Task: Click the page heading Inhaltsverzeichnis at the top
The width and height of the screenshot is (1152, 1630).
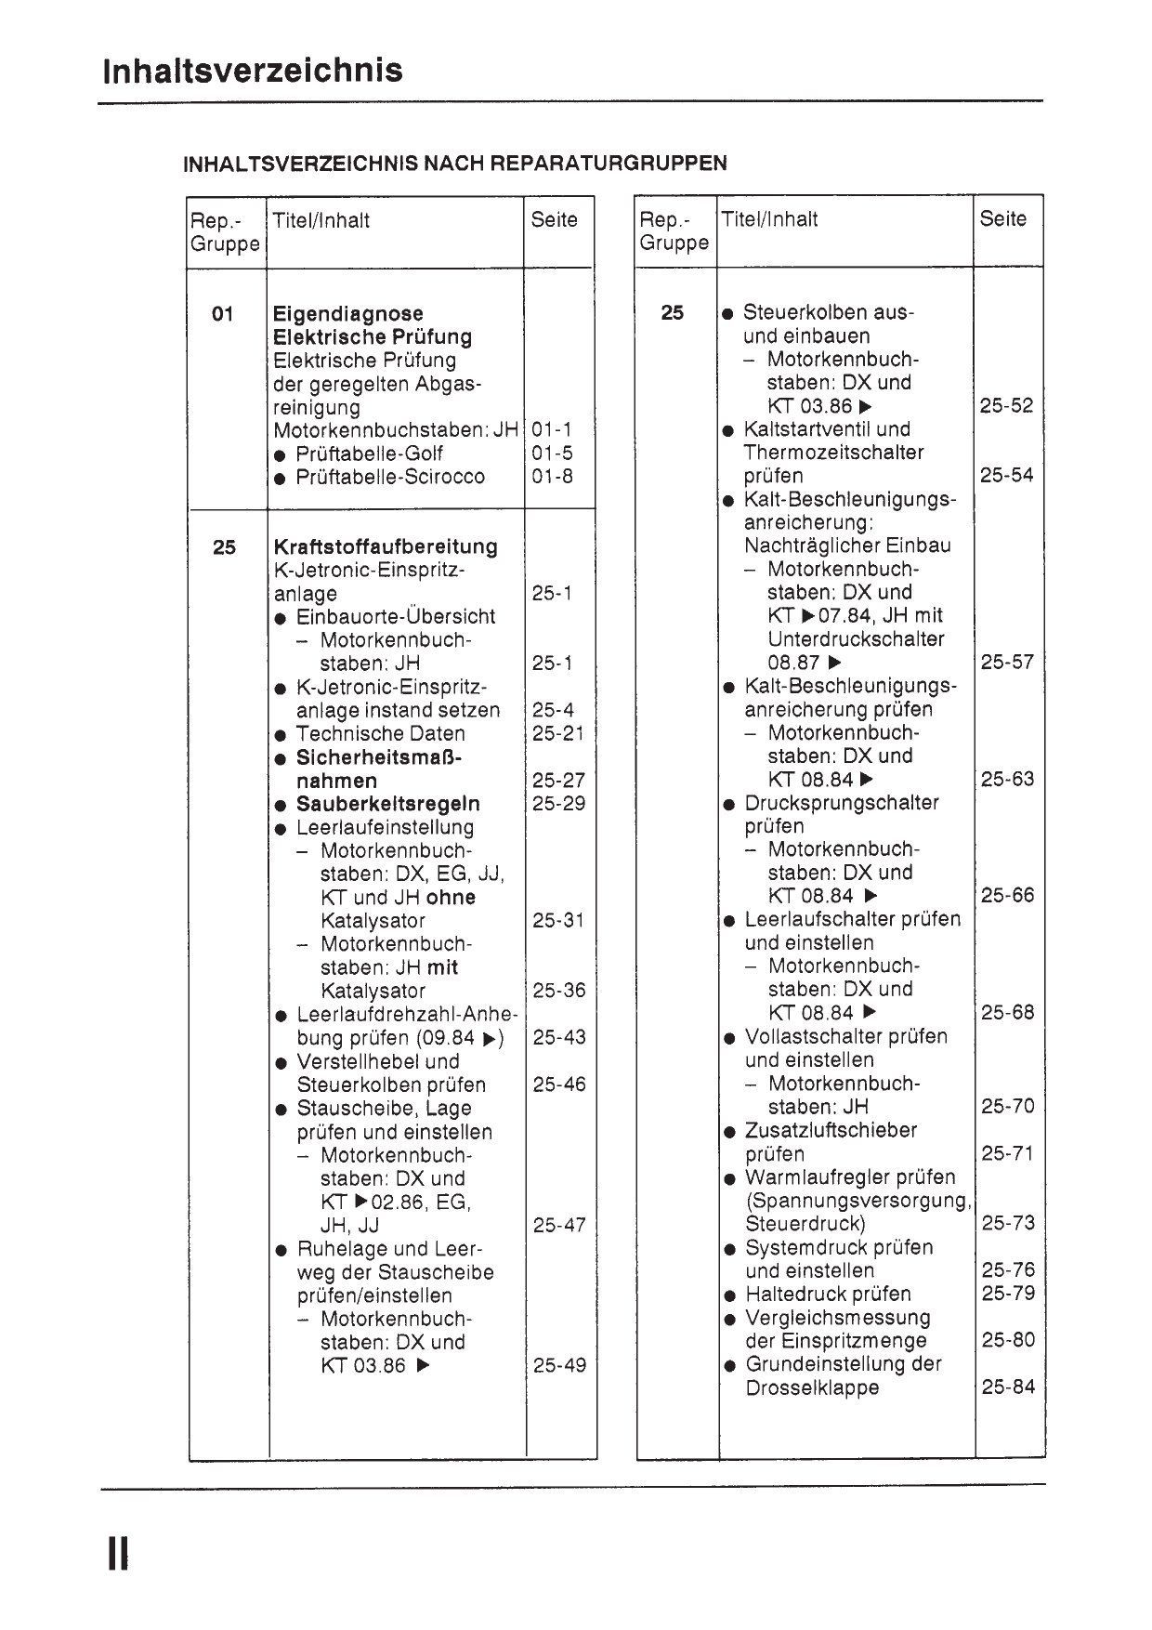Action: [x=253, y=72]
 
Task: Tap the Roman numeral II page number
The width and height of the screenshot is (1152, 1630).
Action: [x=118, y=1553]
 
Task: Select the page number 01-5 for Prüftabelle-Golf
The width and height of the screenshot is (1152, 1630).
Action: [x=553, y=454]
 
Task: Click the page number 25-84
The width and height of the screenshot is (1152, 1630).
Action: [x=1008, y=1387]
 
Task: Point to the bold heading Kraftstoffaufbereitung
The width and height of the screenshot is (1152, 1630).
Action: [x=386, y=546]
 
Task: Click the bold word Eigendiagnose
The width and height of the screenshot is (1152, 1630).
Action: [x=347, y=313]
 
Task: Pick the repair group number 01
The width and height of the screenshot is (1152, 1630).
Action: [x=223, y=313]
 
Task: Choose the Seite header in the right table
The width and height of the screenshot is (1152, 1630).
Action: [x=1003, y=219]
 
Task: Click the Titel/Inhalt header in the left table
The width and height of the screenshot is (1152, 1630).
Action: [x=321, y=220]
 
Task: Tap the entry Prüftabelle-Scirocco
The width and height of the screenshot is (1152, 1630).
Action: [x=390, y=477]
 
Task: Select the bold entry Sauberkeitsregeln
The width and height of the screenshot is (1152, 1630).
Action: [x=388, y=804]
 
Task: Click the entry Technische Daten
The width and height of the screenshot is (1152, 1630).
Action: [x=381, y=733]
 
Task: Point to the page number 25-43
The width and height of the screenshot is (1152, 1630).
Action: [x=559, y=1037]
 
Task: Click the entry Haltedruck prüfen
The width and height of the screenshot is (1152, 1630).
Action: [x=828, y=1294]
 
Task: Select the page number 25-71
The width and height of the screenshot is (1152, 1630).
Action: [x=1008, y=1153]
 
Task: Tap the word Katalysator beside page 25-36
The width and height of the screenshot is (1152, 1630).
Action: [x=373, y=991]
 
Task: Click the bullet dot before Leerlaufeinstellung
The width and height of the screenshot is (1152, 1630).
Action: [x=281, y=828]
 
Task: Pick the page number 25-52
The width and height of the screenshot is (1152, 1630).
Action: [x=1007, y=406]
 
